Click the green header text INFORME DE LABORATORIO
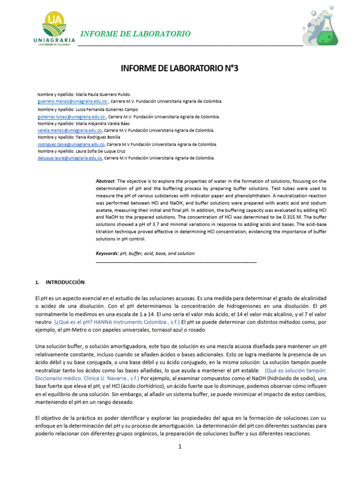(x=136, y=34)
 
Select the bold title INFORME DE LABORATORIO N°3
(x=180, y=68)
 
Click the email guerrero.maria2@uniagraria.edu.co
(x=72, y=101)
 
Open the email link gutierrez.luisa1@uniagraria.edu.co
(x=71, y=117)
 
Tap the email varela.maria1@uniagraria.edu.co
(x=70, y=130)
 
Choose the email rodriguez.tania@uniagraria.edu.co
(x=71, y=145)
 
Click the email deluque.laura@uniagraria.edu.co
(x=70, y=158)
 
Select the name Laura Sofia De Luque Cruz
(x=102, y=151)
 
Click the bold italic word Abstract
(x=105, y=181)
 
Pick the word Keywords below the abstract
(x=107, y=254)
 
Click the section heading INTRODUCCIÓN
(x=65, y=283)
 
